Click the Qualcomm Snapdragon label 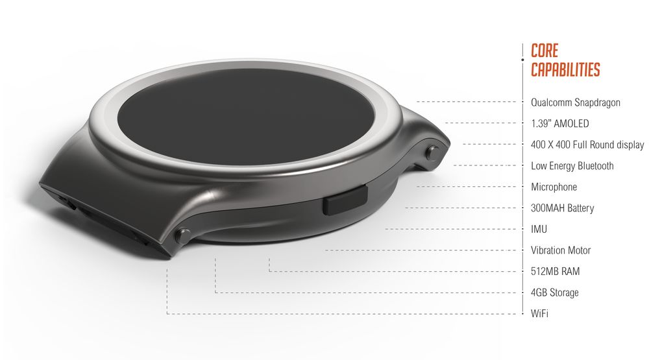coord(575,102)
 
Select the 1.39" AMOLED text coord(560,123)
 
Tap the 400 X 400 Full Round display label coord(587,145)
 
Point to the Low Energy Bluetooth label coord(572,166)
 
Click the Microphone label coord(554,187)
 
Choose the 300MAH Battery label coord(562,208)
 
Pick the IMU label coord(539,229)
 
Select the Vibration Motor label coord(561,250)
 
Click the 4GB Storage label coord(554,293)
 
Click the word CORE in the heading coord(544,51)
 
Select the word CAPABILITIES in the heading coord(565,69)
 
